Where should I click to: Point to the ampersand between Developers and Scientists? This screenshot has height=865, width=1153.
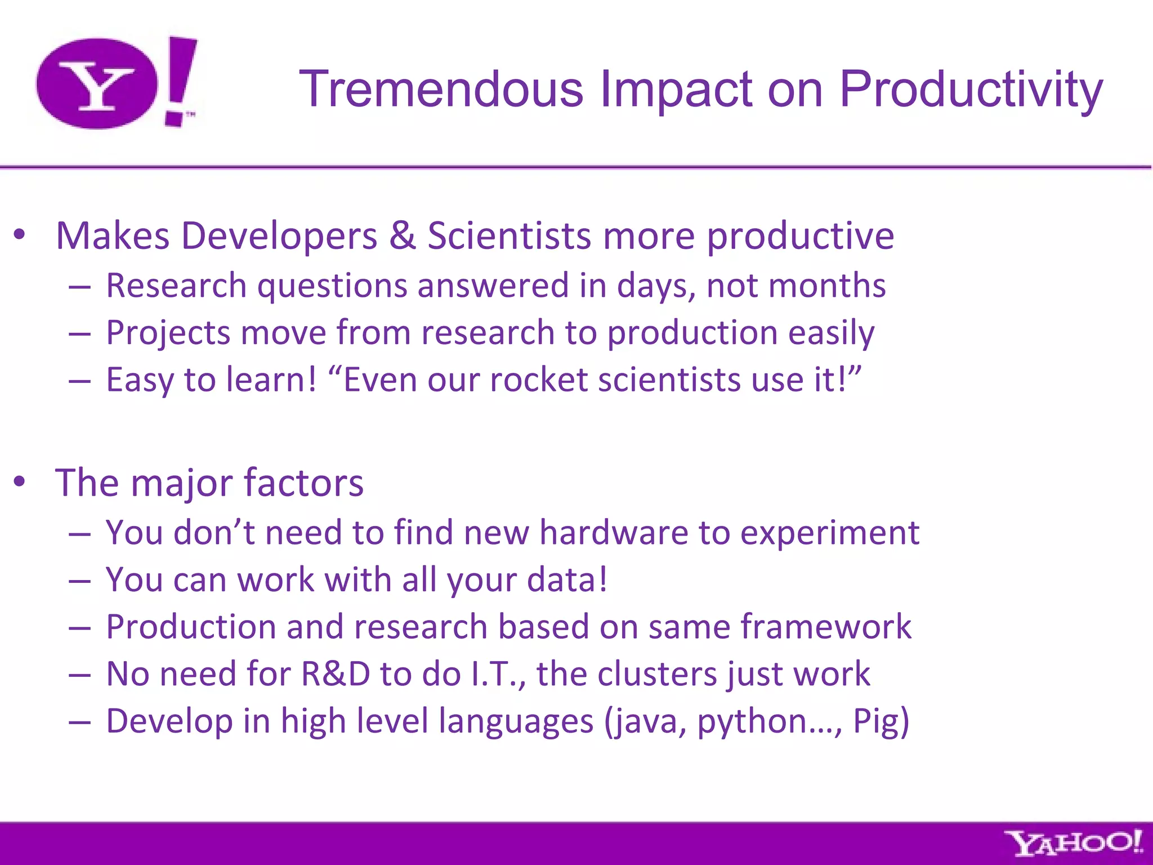point(402,235)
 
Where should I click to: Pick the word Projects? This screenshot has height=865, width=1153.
point(168,333)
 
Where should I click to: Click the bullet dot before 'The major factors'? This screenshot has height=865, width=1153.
point(20,482)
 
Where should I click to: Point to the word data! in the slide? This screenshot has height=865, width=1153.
point(567,579)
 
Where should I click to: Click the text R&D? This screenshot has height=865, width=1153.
point(336,674)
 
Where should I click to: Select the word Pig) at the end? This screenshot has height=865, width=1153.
point(881,721)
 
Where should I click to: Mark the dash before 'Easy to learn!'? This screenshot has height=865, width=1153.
point(80,381)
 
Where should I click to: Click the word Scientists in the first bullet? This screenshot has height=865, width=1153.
point(509,235)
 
